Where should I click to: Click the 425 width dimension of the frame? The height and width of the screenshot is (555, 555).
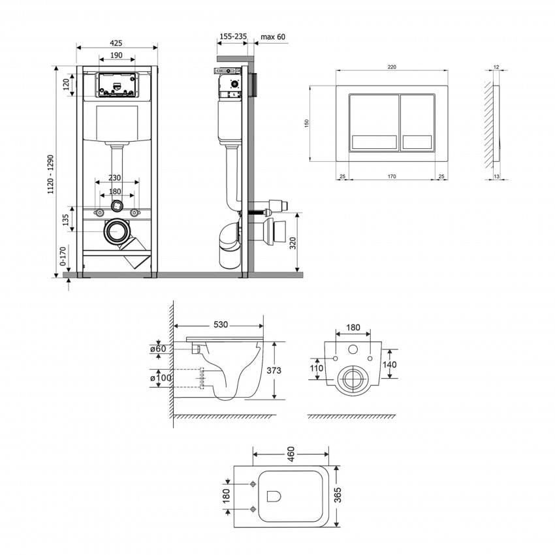coord(116,42)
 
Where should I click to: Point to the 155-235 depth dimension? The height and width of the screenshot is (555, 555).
coord(232,38)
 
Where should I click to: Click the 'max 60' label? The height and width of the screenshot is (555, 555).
coord(273,38)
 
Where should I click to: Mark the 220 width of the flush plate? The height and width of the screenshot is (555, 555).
coord(392,66)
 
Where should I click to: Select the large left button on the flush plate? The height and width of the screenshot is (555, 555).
coord(373,123)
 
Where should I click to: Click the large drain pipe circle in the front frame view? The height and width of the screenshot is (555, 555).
coord(118,232)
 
